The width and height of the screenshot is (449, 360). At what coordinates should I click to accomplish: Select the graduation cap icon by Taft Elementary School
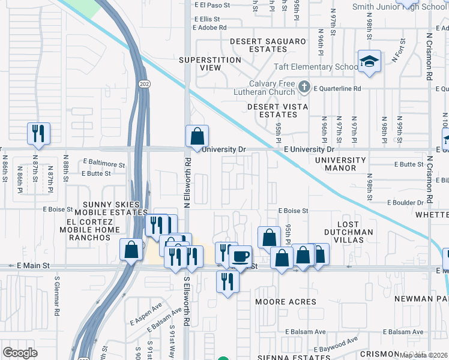(369, 61)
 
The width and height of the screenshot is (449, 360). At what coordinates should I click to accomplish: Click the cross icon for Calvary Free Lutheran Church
(304, 88)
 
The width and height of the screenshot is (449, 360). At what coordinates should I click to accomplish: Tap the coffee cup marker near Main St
(241, 256)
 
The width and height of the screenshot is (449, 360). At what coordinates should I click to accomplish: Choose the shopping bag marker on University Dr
(197, 136)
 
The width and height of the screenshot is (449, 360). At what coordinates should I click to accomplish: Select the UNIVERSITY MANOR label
(340, 164)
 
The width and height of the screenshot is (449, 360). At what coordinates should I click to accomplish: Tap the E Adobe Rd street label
(209, 28)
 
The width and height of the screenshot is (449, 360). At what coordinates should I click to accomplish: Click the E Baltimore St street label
(104, 163)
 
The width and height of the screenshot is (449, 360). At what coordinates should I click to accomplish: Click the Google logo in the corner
(20, 352)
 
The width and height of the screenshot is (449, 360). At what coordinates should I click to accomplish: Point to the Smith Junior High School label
(408, 7)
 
